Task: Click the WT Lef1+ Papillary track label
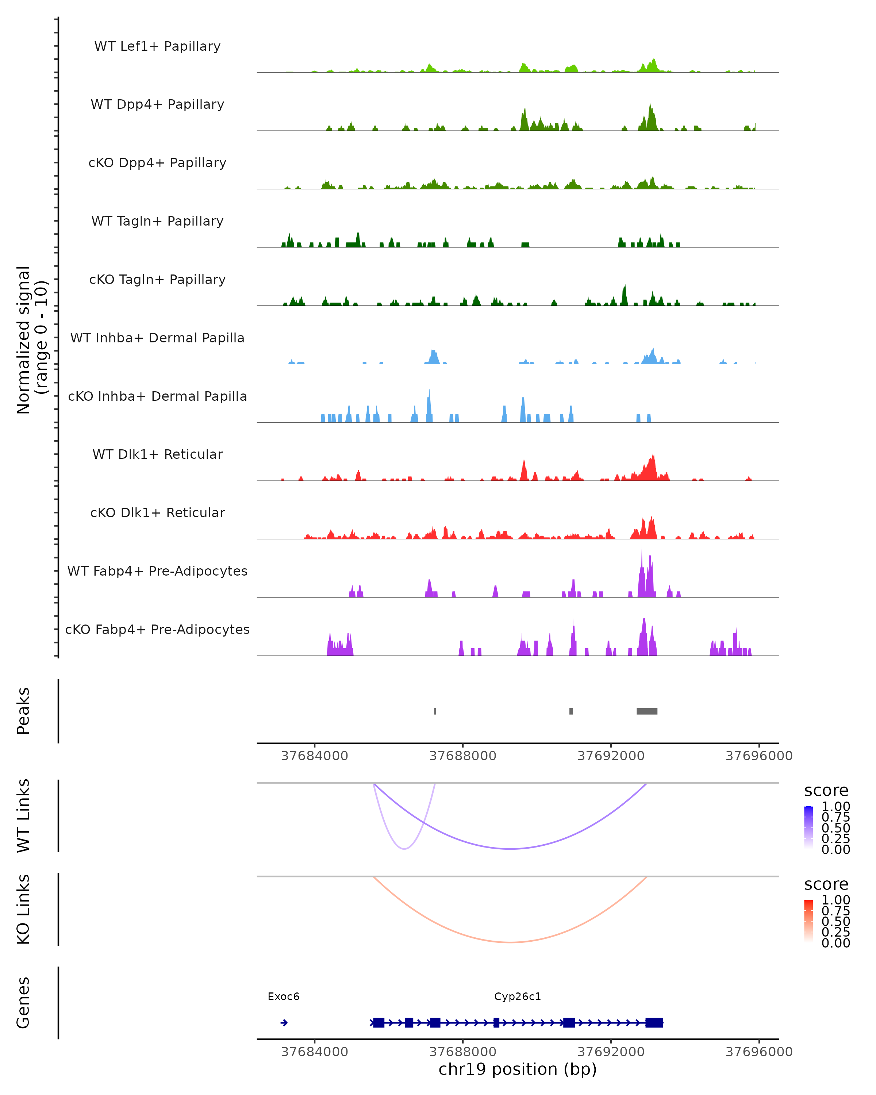157,46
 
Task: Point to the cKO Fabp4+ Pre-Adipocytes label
157,629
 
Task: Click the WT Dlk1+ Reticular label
157,454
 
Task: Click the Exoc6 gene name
283,996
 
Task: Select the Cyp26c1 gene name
518,996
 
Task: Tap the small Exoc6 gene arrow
284,1023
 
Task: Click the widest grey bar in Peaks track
647,711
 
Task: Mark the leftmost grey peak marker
435,711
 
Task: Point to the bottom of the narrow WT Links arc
404,849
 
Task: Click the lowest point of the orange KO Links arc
510,942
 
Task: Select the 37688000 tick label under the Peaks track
462,756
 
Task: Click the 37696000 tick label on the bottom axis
759,1052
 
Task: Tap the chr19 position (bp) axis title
518,1069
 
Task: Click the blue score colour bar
808,828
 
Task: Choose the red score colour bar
808,921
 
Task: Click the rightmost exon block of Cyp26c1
654,1023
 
